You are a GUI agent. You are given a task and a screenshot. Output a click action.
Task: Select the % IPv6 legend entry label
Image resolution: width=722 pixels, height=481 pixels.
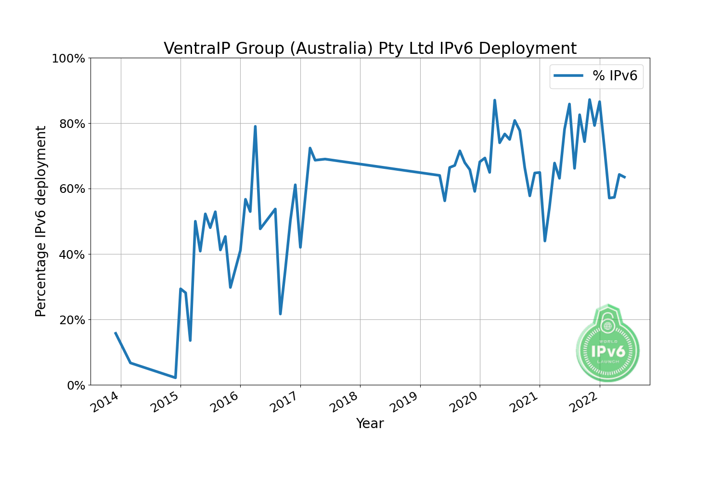615,76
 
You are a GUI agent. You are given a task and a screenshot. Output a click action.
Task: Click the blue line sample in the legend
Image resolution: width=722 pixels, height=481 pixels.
568,76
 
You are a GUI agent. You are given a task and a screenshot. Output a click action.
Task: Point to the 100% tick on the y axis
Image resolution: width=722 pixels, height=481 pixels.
68,59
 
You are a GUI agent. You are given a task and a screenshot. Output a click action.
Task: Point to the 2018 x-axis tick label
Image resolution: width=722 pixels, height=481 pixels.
344,403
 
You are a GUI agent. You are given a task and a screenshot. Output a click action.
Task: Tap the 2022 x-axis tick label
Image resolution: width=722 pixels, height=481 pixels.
584,403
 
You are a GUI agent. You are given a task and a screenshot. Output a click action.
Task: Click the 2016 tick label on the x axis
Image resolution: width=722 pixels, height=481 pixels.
225,403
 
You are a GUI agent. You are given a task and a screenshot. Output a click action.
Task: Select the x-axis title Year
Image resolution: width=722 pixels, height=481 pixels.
370,424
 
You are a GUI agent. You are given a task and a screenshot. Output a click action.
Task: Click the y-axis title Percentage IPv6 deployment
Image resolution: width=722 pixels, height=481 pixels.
41,221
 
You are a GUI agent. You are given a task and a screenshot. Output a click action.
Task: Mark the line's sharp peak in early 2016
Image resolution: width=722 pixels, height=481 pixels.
255,127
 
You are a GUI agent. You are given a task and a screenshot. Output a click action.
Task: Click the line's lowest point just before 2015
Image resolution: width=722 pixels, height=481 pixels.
175,378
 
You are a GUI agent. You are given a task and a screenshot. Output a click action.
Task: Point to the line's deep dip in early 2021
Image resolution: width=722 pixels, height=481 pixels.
544,240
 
